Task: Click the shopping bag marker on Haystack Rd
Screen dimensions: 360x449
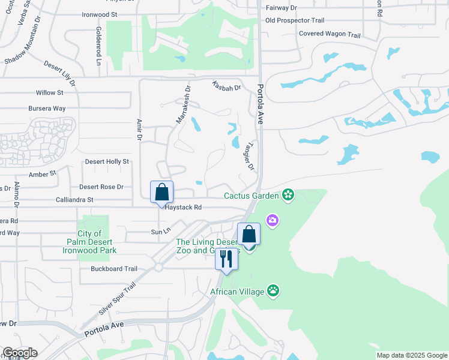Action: (x=161, y=193)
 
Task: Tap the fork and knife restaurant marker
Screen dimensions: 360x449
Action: (x=226, y=259)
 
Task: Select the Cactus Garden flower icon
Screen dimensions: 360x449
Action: (x=289, y=195)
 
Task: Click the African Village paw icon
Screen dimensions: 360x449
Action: (x=274, y=292)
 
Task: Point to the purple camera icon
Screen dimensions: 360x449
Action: (x=273, y=221)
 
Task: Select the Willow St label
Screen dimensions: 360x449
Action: (x=49, y=93)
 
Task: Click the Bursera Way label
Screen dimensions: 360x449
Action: (x=47, y=109)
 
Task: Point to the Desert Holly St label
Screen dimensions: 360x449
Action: (x=107, y=161)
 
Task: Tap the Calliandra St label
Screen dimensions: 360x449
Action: (x=74, y=199)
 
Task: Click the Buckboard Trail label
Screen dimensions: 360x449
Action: (x=114, y=269)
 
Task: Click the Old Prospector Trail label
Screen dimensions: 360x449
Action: (x=295, y=20)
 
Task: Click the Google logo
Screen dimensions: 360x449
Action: (x=20, y=353)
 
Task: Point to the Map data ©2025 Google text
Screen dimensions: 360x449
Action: (x=411, y=355)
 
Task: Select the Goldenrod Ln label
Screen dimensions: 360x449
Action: (x=97, y=46)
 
